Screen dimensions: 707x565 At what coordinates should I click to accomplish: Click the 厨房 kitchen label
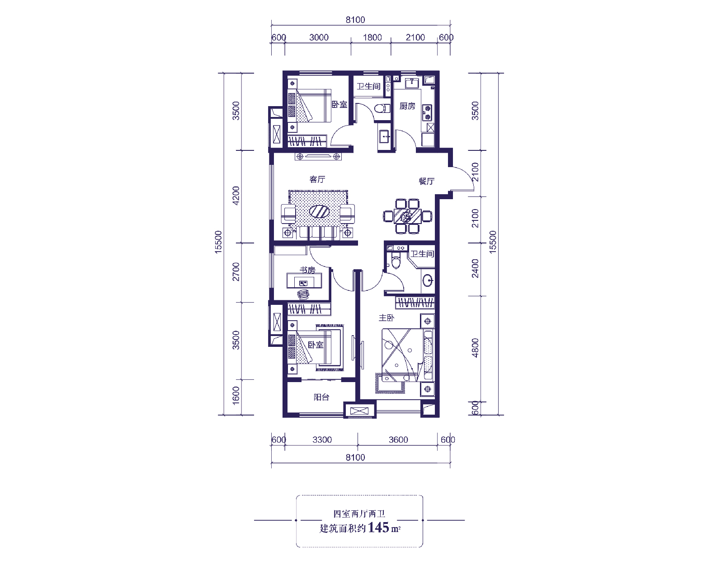407,106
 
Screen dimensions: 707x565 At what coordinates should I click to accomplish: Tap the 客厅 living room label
317,179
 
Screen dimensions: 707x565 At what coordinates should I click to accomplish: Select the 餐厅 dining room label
426,181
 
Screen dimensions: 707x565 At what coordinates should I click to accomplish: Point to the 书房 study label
307,270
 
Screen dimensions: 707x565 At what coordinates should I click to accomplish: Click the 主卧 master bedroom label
386,318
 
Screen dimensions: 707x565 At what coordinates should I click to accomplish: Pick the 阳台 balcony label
321,397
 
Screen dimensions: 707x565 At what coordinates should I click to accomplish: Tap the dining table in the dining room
407,216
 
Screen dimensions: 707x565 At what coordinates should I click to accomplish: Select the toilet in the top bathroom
382,108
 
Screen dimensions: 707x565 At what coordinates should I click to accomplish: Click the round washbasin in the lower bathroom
428,280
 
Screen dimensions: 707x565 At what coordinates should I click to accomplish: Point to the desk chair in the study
303,294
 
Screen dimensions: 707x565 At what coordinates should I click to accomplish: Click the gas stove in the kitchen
427,112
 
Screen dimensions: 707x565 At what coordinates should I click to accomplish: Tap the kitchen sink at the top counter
412,83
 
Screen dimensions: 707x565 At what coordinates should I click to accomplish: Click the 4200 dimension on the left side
236,196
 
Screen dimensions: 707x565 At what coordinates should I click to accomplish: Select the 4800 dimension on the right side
475,348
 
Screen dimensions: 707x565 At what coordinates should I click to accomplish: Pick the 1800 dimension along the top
372,37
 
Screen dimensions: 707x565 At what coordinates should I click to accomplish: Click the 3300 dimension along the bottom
322,439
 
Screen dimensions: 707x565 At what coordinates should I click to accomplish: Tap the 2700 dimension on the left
236,272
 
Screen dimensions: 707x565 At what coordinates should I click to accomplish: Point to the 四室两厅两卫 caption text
359,514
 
